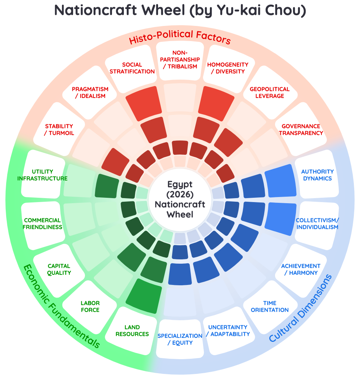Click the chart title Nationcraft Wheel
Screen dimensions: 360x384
pyautogui.click(x=120, y=10)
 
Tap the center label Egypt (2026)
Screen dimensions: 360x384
pyautogui.click(x=180, y=189)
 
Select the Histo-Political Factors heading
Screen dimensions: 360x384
pyautogui.click(x=180, y=37)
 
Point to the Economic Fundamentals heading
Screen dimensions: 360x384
pyautogui.click(x=61, y=306)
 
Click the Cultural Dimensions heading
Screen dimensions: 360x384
pyautogui.click(x=301, y=308)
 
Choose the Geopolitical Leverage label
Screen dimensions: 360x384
pyautogui.click(x=269, y=93)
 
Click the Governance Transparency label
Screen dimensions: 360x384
pyautogui.click(x=301, y=130)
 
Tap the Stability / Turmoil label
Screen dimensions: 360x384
pyautogui.click(x=59, y=130)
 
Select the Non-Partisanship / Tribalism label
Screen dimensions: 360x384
pyautogui.click(x=180, y=59)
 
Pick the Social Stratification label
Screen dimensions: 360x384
pyautogui.click(x=132, y=68)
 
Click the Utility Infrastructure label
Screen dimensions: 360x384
pyautogui.click(x=42, y=175)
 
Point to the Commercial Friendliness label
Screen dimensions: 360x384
pyautogui.click(x=42, y=224)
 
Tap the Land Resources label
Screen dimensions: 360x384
pyautogui.click(x=132, y=331)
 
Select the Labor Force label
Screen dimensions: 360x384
pyautogui.click(x=90, y=306)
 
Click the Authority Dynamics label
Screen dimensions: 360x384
pyautogui.click(x=318, y=175)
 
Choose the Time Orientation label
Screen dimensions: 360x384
pyautogui.click(x=269, y=306)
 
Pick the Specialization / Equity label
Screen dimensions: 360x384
pyautogui.click(x=180, y=339)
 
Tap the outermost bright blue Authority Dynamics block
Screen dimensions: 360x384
pyautogui.click(x=280, y=180)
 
